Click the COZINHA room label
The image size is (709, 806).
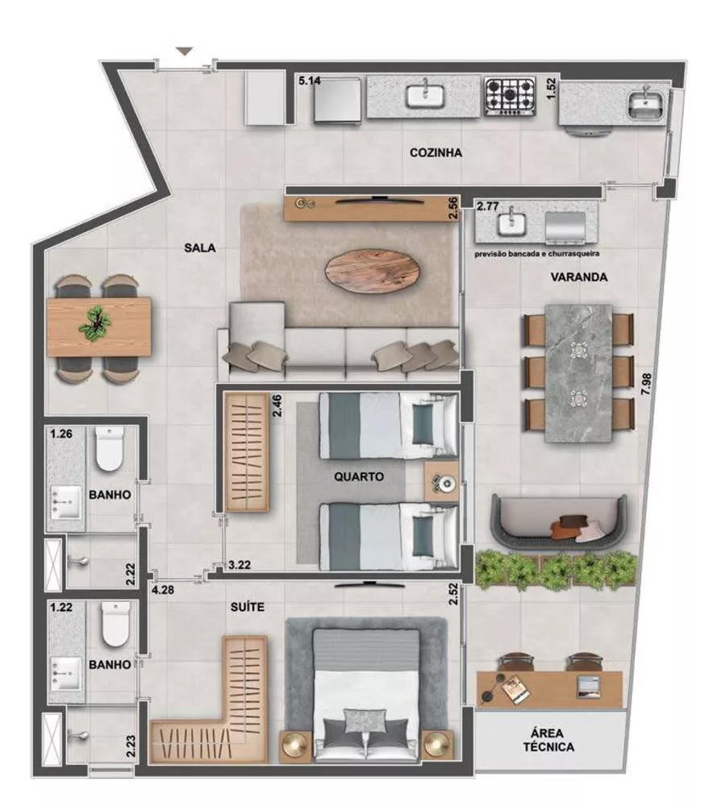pyautogui.click(x=435, y=153)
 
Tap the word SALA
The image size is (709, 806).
pyautogui.click(x=199, y=248)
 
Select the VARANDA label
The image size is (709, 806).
pyautogui.click(x=578, y=276)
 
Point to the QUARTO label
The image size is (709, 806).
pyautogui.click(x=358, y=476)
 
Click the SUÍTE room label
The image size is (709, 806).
pyautogui.click(x=248, y=607)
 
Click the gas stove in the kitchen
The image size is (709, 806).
pyautogui.click(x=510, y=95)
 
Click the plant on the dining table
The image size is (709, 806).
pyautogui.click(x=96, y=322)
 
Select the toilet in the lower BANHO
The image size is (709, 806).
pyautogui.click(x=115, y=625)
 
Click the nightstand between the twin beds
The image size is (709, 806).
pyautogui.click(x=442, y=483)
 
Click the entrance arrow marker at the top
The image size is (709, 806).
pyautogui.click(x=185, y=52)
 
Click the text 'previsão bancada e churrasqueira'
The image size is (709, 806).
pyautogui.click(x=536, y=253)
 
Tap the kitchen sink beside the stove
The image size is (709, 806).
pyautogui.click(x=426, y=96)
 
